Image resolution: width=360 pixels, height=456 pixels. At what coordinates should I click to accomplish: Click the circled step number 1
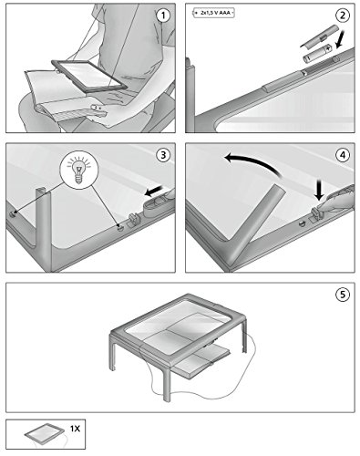(163, 16)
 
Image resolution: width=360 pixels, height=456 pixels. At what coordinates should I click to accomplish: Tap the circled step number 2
(343, 16)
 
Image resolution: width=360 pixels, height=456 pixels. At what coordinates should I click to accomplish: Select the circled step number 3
(163, 155)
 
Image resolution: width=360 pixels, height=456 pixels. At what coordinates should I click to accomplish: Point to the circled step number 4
(343, 155)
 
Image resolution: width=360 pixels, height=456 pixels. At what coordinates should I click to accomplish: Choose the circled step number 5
(343, 295)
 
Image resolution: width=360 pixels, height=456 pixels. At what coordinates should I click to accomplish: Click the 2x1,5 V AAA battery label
(213, 13)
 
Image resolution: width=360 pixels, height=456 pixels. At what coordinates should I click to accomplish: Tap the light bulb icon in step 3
(79, 168)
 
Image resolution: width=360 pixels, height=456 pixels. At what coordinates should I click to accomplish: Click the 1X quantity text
(75, 429)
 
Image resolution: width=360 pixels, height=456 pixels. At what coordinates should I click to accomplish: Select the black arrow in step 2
(341, 39)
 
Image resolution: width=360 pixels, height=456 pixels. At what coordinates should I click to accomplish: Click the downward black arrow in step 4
(318, 190)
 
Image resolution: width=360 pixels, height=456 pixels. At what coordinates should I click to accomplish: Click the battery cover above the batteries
(319, 36)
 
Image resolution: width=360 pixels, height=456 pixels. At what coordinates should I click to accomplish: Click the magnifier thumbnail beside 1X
(45, 434)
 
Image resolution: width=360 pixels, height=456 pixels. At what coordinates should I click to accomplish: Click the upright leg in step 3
(45, 230)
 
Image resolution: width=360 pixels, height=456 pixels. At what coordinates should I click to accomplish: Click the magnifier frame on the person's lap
(89, 76)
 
